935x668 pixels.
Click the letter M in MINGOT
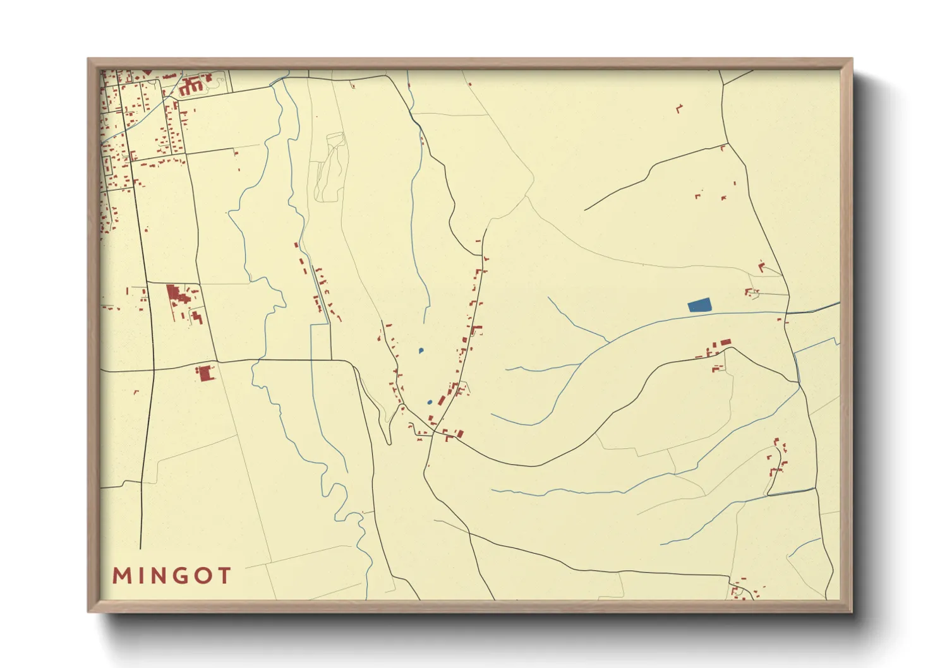click(121, 576)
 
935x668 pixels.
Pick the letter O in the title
click(203, 576)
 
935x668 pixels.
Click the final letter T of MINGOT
click(224, 576)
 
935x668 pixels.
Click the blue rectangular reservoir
click(699, 306)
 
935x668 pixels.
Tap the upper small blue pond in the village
click(421, 350)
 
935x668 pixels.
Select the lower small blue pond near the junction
click(430, 402)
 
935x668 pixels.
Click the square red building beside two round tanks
click(205, 373)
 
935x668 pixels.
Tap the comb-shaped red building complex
click(190, 86)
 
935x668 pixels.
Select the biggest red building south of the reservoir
click(725, 342)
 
